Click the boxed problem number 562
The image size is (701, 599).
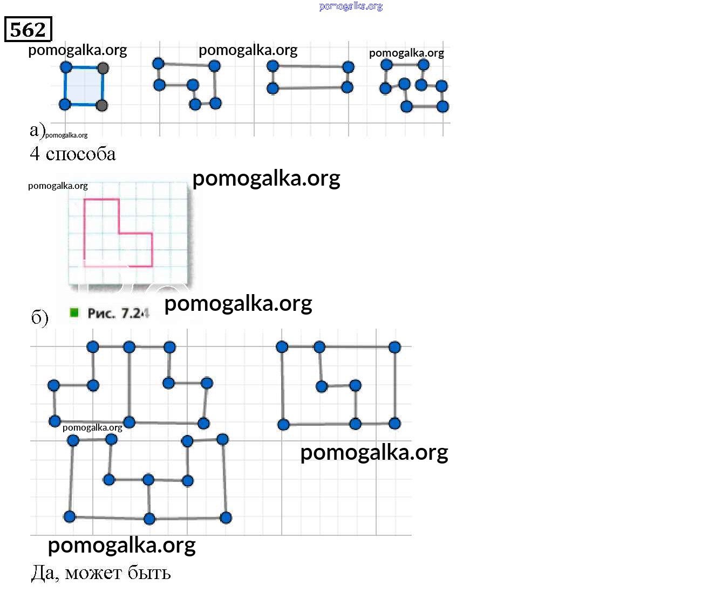click(28, 30)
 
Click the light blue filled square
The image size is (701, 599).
click(84, 86)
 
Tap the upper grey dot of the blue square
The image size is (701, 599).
click(103, 68)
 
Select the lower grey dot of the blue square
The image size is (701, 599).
click(101, 105)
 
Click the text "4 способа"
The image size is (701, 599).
click(72, 154)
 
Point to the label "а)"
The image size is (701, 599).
click(37, 130)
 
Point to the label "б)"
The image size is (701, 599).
click(39, 317)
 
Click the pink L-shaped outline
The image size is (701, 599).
click(85, 232)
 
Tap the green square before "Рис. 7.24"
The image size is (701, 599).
click(74, 312)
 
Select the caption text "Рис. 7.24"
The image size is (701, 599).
click(118, 314)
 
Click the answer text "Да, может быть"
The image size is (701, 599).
click(101, 573)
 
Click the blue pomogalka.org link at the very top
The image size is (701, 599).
click(351, 6)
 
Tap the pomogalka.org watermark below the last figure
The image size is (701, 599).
click(121, 545)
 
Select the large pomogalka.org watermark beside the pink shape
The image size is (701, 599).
click(266, 178)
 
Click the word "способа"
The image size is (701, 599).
click(81, 154)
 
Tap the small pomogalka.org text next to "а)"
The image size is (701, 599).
click(66, 135)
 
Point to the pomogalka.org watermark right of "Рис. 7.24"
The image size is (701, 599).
click(238, 303)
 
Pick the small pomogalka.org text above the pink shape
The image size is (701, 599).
click(58, 186)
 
